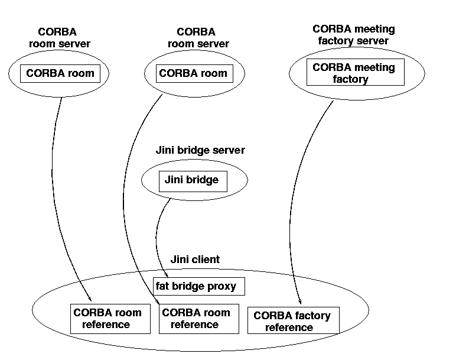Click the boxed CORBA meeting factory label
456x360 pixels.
point(354,73)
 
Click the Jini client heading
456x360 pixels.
point(194,259)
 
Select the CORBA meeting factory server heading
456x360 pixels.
point(353,35)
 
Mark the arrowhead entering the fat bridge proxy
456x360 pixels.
point(159,274)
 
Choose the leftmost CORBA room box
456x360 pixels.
point(60,74)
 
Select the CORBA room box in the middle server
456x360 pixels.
point(193,74)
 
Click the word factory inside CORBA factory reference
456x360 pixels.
point(310,315)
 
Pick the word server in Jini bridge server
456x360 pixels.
point(229,150)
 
